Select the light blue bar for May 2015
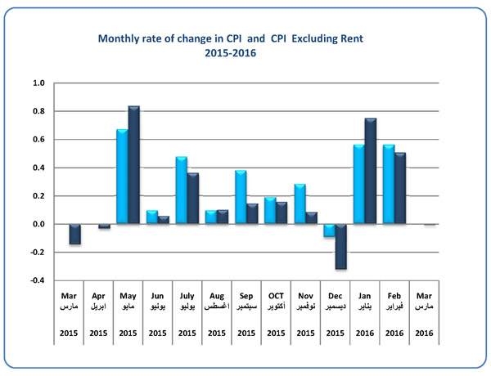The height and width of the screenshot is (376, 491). [x=121, y=177]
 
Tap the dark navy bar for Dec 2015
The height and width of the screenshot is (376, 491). [x=340, y=246]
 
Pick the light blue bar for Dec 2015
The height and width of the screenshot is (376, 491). [x=328, y=231]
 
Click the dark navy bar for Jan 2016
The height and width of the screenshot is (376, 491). [x=370, y=171]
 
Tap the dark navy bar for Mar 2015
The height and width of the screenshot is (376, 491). [x=74, y=234]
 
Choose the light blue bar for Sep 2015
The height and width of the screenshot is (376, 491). [x=240, y=197]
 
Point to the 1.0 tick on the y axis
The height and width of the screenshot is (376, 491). [x=39, y=83]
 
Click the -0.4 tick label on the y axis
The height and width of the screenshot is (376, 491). [x=38, y=280]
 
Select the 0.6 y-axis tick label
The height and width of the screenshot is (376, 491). [x=39, y=140]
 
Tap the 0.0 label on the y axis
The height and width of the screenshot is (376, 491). [x=39, y=224]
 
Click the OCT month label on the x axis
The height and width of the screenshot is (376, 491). [x=275, y=296]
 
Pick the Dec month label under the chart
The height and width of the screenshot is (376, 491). [x=335, y=296]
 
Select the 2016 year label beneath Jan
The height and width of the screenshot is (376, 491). [x=364, y=333]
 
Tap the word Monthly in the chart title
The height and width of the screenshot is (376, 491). [x=119, y=38]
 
